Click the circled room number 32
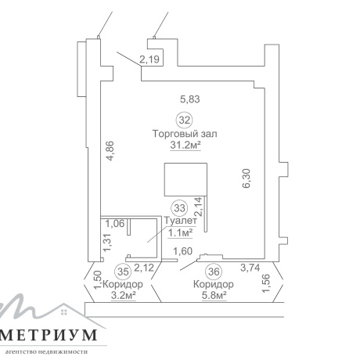pyautogui.click(x=185, y=121)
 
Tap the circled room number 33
pyautogui.click(x=179, y=208)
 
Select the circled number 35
pyautogui.click(x=123, y=272)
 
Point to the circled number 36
pyautogui.click(x=214, y=272)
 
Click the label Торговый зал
pyautogui.click(x=185, y=134)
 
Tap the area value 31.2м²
pyautogui.click(x=185, y=145)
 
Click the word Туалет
pyautogui.click(x=180, y=221)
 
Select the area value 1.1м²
pyautogui.click(x=181, y=232)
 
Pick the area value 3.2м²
pyautogui.click(x=124, y=295)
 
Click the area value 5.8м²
pyautogui.click(x=214, y=295)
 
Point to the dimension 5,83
pyautogui.click(x=190, y=99)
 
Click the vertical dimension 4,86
pyautogui.click(x=110, y=151)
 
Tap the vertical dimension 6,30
pyautogui.click(x=247, y=178)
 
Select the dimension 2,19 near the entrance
pyautogui.click(x=149, y=59)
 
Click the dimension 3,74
pyautogui.click(x=250, y=268)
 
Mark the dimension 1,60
pyautogui.click(x=183, y=251)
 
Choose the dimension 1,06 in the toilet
pyautogui.click(x=115, y=224)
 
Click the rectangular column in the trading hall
pyautogui.click(x=185, y=179)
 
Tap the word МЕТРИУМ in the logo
pyautogui.click(x=49, y=335)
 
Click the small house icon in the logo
pyautogui.click(x=64, y=312)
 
